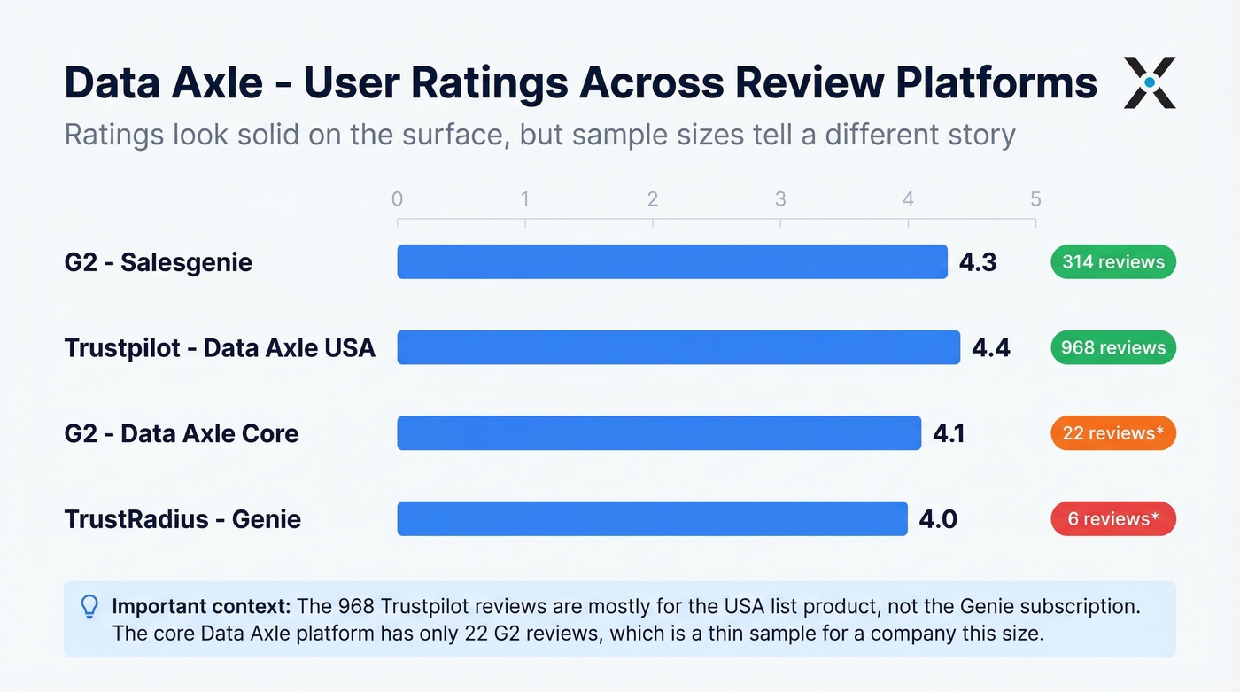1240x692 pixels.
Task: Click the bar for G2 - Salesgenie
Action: tap(671, 262)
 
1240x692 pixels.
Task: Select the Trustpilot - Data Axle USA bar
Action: tap(678, 347)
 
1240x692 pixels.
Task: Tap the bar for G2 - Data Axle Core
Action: tap(658, 433)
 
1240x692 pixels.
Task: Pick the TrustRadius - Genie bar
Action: tap(652, 518)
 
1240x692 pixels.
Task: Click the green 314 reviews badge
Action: tap(1112, 262)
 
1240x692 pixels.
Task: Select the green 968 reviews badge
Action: tap(1112, 347)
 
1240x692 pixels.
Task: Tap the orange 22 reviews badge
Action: tap(1112, 433)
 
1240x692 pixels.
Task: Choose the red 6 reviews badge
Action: tap(1112, 518)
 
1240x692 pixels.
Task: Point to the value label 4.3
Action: tap(978, 262)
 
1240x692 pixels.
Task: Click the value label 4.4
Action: tap(991, 347)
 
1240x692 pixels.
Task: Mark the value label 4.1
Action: tap(949, 433)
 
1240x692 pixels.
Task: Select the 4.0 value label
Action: tap(938, 518)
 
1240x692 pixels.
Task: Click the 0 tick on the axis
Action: tap(398, 199)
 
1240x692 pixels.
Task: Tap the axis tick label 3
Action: tap(780, 199)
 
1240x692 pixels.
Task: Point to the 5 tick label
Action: tap(1035, 199)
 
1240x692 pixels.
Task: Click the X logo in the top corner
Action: tap(1149, 82)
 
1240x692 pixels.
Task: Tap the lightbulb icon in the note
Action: tap(89, 607)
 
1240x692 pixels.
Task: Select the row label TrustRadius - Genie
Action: tap(182, 518)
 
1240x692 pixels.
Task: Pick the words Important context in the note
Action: tap(201, 607)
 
